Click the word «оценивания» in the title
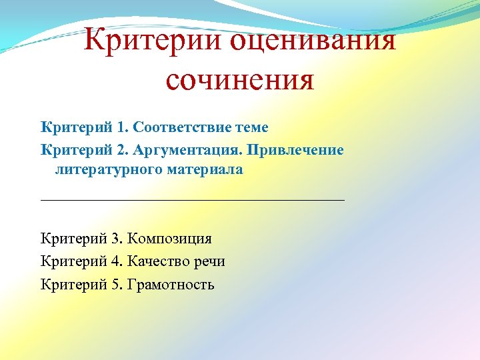313,41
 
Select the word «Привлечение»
295,149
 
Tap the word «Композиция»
169,239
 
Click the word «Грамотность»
171,285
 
